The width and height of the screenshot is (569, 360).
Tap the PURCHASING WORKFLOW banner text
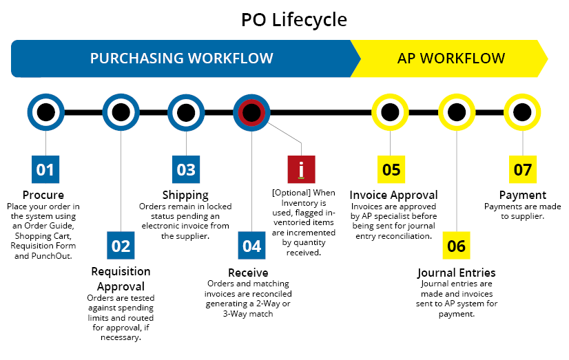click(x=181, y=58)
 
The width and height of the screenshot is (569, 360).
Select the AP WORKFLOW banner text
click(x=451, y=58)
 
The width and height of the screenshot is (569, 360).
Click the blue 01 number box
click(x=45, y=169)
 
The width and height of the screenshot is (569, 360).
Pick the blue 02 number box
click(x=121, y=246)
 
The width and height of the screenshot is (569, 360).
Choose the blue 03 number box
click(x=186, y=169)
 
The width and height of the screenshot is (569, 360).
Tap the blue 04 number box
click(x=252, y=246)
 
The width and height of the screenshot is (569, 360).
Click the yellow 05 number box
click(x=391, y=169)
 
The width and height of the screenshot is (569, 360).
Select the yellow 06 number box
click(x=457, y=246)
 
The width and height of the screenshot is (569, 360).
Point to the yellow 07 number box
click(x=523, y=169)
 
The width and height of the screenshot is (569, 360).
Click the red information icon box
click(x=301, y=169)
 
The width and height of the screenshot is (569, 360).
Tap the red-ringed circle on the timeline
click(x=252, y=112)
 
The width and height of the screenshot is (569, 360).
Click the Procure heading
click(x=43, y=195)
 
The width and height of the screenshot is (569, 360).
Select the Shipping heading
click(x=185, y=195)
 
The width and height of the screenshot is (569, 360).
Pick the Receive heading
click(x=248, y=272)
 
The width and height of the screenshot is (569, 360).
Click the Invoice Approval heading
click(x=393, y=195)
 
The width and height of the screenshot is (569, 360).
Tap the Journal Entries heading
click(x=456, y=273)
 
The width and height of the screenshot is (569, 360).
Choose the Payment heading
click(x=522, y=195)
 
